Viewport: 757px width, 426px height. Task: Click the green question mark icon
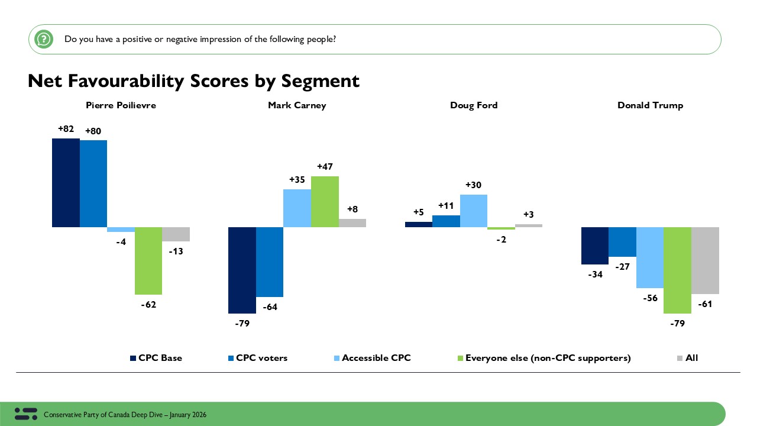click(44, 40)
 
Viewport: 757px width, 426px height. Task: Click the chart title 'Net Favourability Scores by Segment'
click(193, 80)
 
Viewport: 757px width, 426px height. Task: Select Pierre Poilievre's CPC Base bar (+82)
click(66, 183)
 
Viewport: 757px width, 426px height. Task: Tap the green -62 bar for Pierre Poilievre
click(148, 260)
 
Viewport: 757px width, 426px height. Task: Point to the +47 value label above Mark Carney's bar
click(325, 167)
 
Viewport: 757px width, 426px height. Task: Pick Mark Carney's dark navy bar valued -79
click(242, 270)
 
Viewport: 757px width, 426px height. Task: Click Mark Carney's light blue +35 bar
click(297, 208)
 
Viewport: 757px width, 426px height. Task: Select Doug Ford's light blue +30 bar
click(473, 211)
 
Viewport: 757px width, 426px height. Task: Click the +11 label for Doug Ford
click(446, 206)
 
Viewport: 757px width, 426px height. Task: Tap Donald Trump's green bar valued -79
click(677, 270)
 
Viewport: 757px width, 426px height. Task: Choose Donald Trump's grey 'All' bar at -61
click(705, 260)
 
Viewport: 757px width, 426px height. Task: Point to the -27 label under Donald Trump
click(623, 267)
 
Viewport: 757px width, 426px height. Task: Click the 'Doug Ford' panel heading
click(474, 105)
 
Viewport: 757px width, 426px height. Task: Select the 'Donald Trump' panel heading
click(650, 105)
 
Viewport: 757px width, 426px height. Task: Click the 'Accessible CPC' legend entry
click(376, 358)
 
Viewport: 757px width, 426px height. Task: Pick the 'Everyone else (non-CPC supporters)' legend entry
click(548, 358)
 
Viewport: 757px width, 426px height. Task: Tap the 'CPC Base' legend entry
click(160, 358)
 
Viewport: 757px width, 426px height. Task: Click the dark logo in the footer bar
click(25, 414)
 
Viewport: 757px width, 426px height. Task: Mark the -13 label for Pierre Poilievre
click(175, 251)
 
